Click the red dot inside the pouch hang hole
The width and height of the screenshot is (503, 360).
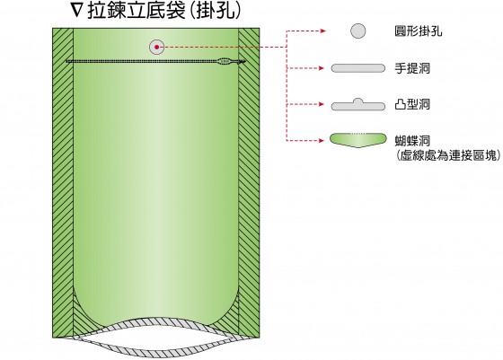156,47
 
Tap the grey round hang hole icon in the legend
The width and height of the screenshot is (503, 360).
357,31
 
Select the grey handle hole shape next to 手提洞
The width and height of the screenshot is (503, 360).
358,68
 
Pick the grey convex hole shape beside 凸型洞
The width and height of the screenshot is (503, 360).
358,105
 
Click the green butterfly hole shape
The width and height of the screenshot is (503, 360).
358,140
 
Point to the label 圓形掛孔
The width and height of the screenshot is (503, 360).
419,31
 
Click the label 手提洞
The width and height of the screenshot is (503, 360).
412,68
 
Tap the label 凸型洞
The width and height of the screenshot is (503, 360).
412,104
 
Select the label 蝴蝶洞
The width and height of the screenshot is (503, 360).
412,141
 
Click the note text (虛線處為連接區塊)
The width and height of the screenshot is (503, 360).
448,155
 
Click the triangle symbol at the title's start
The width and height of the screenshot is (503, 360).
77,12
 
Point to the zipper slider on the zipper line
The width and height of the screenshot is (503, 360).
225,61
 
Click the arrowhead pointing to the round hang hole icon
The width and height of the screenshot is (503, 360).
322,31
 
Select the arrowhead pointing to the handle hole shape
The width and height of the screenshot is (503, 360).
322,68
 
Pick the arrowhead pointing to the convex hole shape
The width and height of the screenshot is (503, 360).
322,104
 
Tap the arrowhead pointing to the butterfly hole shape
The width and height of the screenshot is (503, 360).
322,140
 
